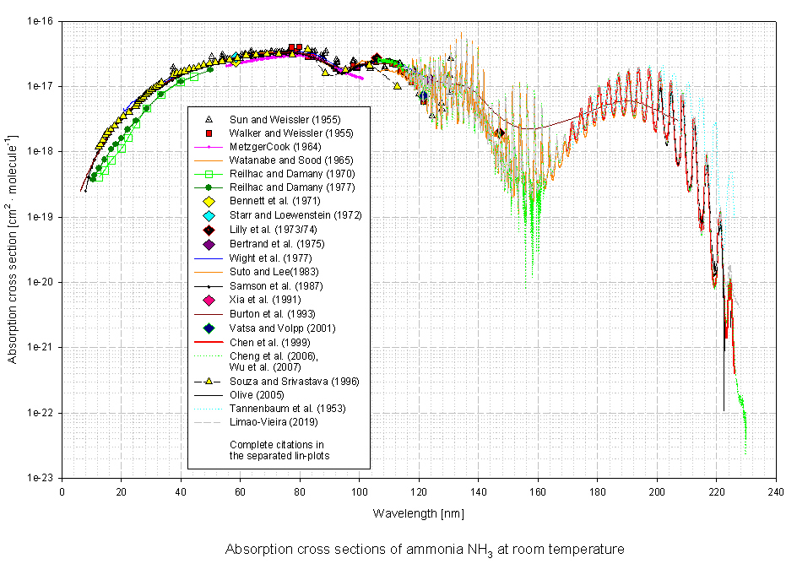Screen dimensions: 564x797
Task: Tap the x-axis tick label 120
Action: [420, 491]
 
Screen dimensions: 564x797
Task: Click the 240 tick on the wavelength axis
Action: [776, 491]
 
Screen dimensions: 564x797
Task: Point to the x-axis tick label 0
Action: [62, 491]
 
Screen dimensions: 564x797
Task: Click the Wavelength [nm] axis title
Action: [420, 512]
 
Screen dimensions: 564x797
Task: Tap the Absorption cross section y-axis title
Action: [13, 249]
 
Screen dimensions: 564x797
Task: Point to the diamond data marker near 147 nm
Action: [500, 133]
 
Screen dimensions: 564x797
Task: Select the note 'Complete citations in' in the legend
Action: [277, 444]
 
